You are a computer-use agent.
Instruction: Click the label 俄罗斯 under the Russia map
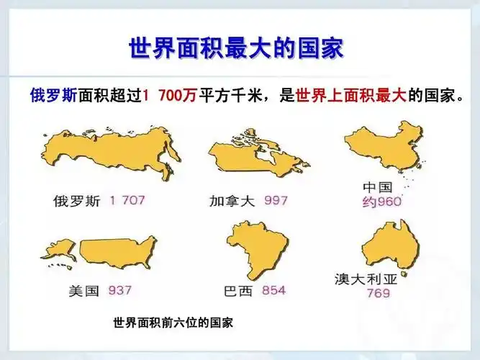point(77,201)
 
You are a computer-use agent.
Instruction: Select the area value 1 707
point(127,200)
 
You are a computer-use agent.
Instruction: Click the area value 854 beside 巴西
point(273,291)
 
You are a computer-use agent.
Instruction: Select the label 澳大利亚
point(366,277)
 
